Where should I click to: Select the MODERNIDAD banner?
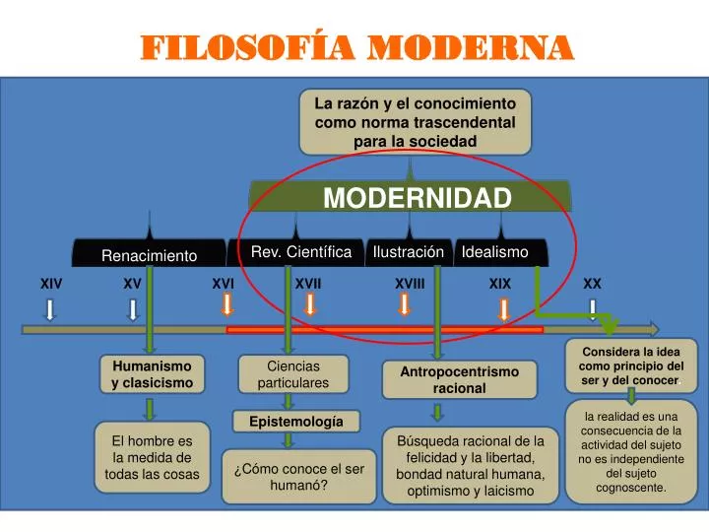pyautogui.click(x=417, y=198)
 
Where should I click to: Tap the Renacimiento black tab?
pyautogui.click(x=150, y=256)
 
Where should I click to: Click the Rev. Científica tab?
pyautogui.click(x=301, y=252)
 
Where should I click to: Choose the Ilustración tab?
pyautogui.click(x=409, y=252)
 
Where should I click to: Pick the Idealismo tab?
pyautogui.click(x=495, y=252)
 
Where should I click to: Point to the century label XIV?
pyautogui.click(x=51, y=284)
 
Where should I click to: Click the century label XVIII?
pyautogui.click(x=410, y=284)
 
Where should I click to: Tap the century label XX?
pyautogui.click(x=592, y=284)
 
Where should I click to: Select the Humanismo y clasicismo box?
pyautogui.click(x=152, y=373)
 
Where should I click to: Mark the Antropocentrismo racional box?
pyautogui.click(x=459, y=379)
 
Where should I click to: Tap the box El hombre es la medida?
pyautogui.click(x=152, y=458)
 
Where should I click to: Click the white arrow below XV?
pyautogui.click(x=133, y=309)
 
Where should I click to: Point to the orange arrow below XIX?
pyautogui.click(x=503, y=309)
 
